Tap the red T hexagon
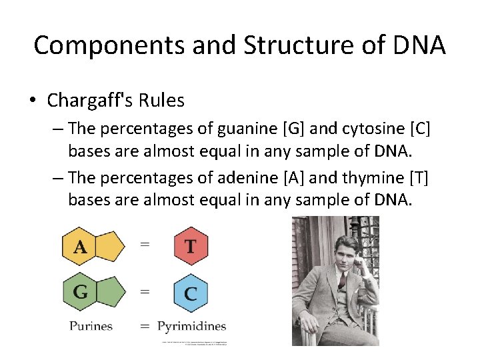pos(191,247)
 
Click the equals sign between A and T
pos(145,245)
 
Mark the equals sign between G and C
pos(145,291)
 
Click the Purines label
pos(91,326)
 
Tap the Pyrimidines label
pos(192,326)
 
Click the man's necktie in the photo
pos(341,280)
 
